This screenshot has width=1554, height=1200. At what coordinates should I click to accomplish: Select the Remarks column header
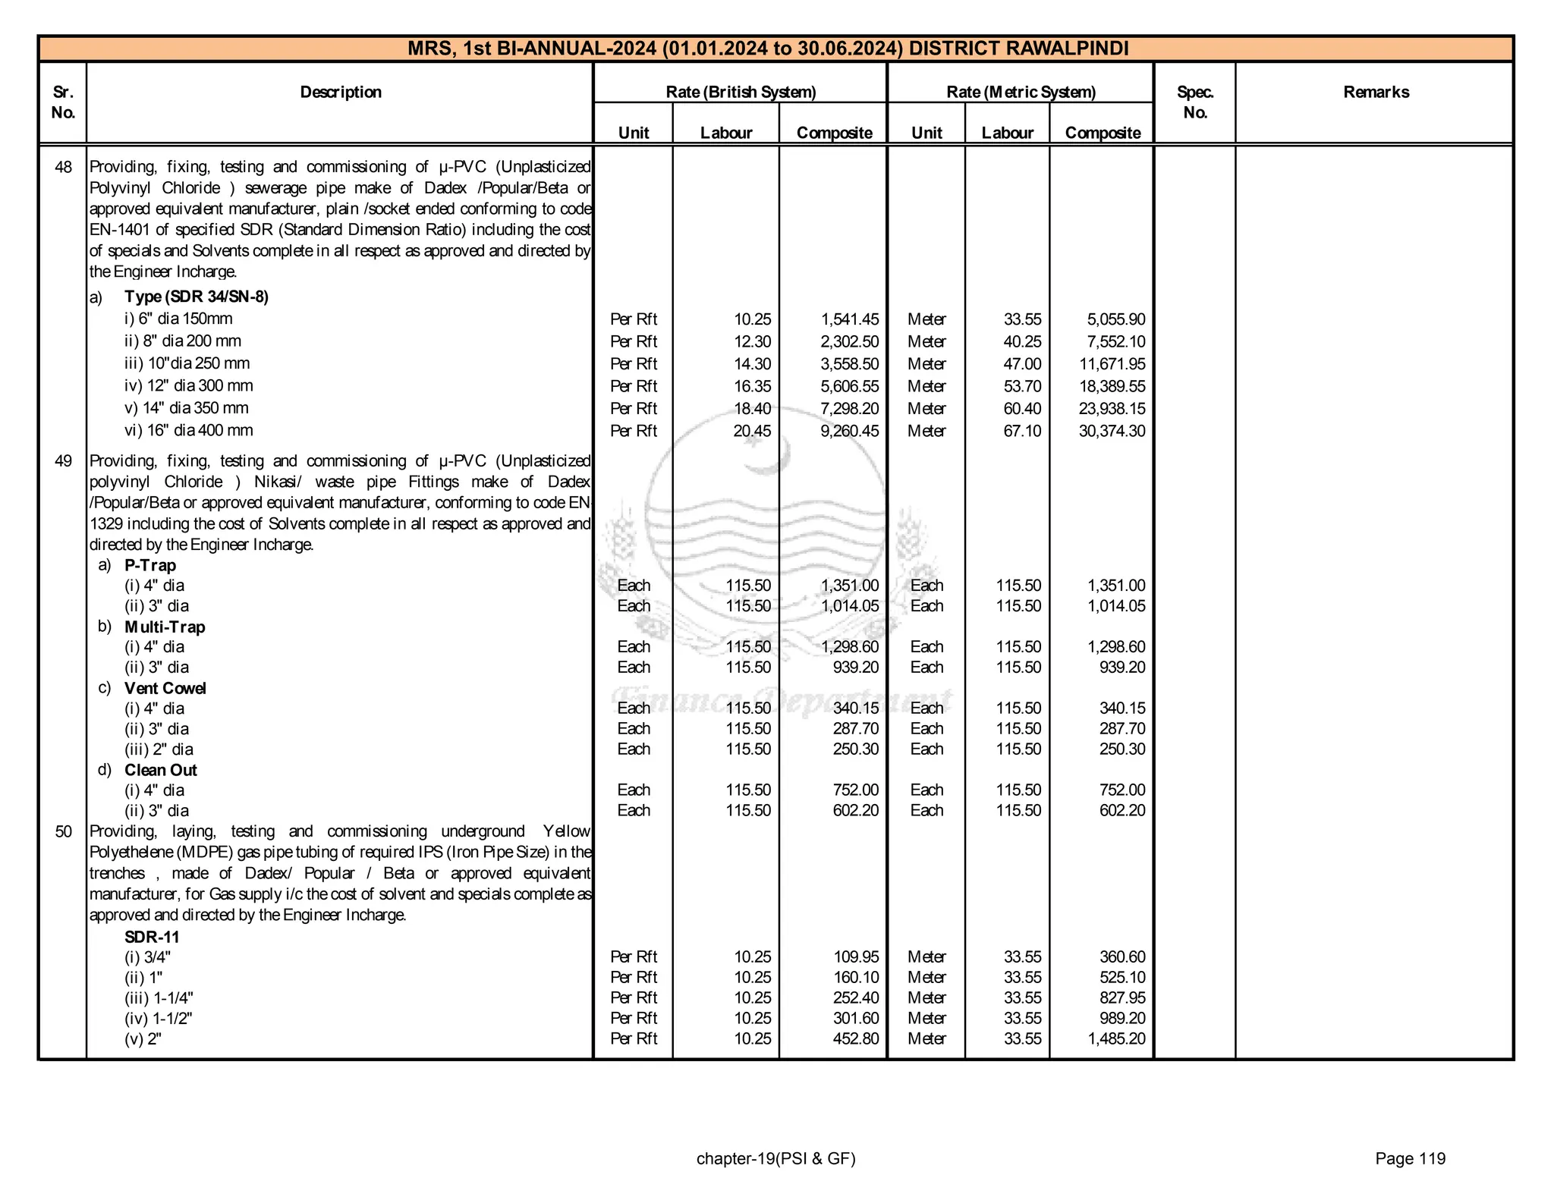1376,93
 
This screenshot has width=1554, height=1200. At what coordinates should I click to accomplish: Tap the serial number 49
64,461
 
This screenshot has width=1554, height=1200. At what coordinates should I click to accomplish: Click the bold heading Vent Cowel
165,688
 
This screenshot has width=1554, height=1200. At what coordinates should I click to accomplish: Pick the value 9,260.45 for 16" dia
849,431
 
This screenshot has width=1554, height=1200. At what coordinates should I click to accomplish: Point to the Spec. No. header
1195,102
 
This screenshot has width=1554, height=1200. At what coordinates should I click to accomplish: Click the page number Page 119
1410,1158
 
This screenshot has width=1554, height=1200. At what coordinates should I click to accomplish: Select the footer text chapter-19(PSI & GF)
775,1158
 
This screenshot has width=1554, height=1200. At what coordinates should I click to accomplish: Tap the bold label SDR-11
152,937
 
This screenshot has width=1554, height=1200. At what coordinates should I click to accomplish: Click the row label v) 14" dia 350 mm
187,408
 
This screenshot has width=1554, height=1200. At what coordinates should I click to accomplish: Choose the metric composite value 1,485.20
1116,1039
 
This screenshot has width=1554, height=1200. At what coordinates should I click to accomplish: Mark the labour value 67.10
1022,431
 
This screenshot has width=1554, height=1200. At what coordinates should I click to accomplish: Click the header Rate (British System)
741,93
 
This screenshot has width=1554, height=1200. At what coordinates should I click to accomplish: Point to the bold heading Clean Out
160,770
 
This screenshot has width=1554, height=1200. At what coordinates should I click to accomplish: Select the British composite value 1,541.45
849,319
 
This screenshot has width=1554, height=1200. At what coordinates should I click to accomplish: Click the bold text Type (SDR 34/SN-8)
196,297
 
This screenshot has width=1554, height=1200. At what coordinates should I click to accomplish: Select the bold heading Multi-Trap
165,627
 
